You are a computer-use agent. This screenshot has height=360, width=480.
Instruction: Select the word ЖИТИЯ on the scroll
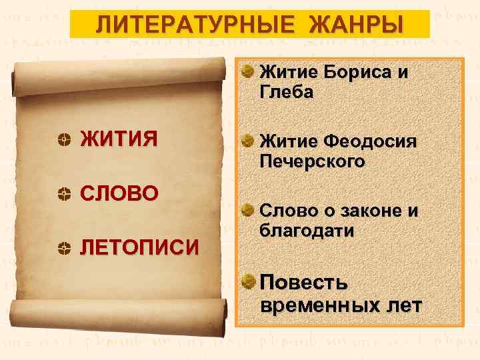[119, 139]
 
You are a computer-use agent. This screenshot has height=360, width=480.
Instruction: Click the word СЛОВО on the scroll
[119, 193]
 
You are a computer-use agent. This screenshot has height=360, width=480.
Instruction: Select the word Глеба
[286, 93]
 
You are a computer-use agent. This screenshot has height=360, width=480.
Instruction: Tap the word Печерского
[313, 162]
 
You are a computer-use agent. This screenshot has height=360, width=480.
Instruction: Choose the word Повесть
[304, 282]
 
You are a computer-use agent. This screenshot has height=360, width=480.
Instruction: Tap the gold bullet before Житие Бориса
[247, 70]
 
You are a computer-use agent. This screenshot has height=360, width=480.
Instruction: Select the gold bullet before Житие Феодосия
[247, 141]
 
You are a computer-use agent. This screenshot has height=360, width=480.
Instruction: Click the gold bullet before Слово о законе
[247, 210]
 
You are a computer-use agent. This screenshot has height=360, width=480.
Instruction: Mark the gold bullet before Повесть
[247, 279]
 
